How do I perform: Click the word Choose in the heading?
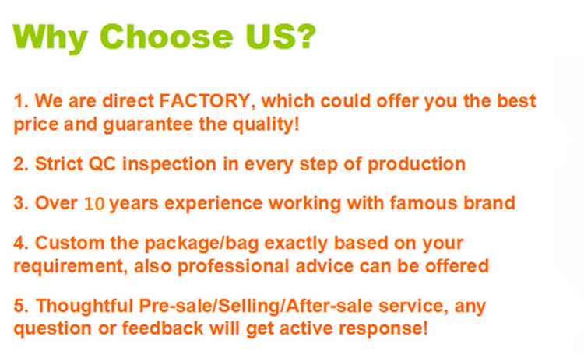(166, 37)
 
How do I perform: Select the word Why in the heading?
(51, 39)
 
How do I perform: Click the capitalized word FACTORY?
(204, 101)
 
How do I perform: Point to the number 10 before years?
(94, 204)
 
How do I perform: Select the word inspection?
(170, 164)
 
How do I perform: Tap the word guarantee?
(148, 124)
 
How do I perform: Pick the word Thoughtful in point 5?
(85, 306)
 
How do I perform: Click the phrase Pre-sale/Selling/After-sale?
(256, 306)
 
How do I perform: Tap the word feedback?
(163, 328)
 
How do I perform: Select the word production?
(417, 165)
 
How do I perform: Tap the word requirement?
(69, 267)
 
